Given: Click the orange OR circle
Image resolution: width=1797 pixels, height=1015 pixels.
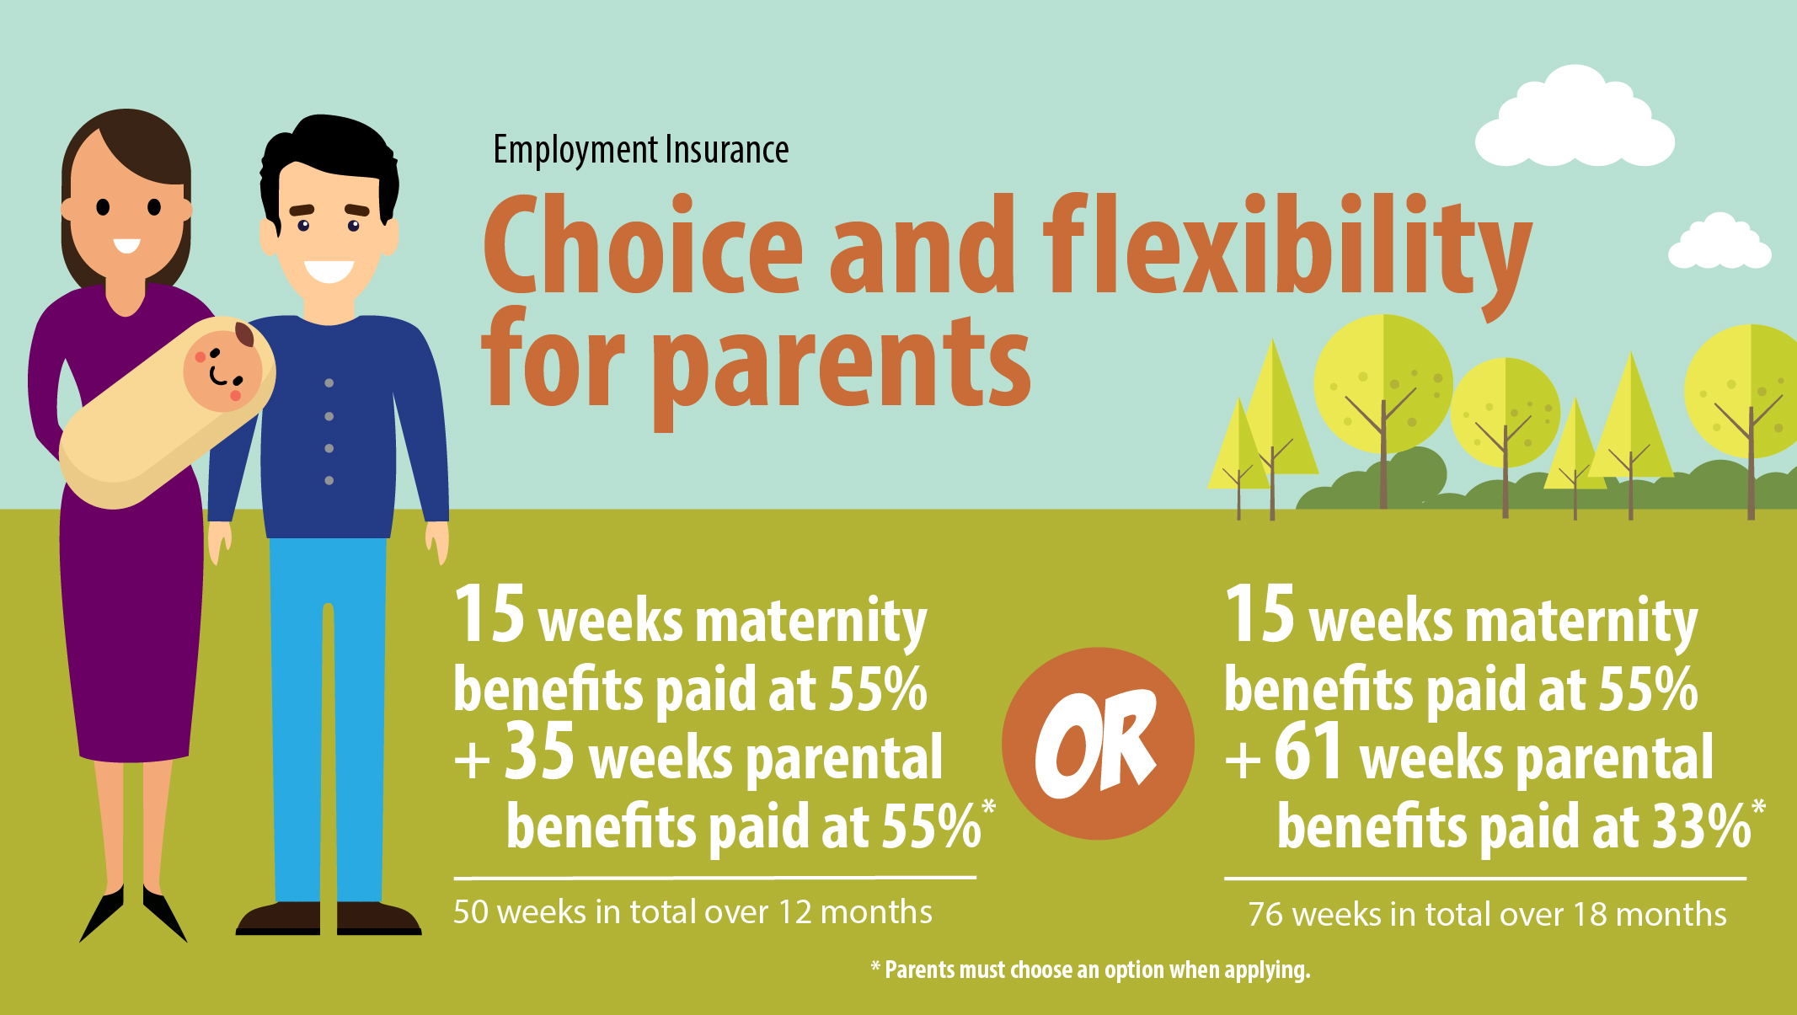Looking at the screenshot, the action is [1098, 743].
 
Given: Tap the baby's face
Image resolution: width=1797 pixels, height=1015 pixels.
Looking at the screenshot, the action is [222, 371].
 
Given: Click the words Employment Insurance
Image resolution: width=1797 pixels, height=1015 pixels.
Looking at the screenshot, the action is [640, 150].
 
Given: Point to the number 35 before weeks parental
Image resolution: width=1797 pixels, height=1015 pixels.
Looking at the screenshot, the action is [539, 751].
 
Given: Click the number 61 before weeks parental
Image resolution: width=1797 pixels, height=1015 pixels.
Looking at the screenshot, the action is [1308, 751].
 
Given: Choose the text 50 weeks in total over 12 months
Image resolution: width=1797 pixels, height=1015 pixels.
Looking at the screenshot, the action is [693, 912].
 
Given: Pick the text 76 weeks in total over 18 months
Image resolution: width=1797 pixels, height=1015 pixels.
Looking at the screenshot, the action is [1487, 914].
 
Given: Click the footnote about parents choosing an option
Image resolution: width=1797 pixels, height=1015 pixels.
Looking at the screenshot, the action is [1090, 970].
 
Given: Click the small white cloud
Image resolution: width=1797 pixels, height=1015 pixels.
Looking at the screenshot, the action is [1719, 242].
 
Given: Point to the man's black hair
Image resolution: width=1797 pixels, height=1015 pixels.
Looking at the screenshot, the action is [329, 160].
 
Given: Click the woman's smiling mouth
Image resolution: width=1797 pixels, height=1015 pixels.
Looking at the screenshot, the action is [126, 245].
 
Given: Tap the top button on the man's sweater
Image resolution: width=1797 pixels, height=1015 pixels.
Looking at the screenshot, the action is [329, 383].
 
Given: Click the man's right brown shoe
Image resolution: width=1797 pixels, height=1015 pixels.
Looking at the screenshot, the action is [379, 918].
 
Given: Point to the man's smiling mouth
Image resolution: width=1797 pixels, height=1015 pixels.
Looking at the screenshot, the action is [329, 271].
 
